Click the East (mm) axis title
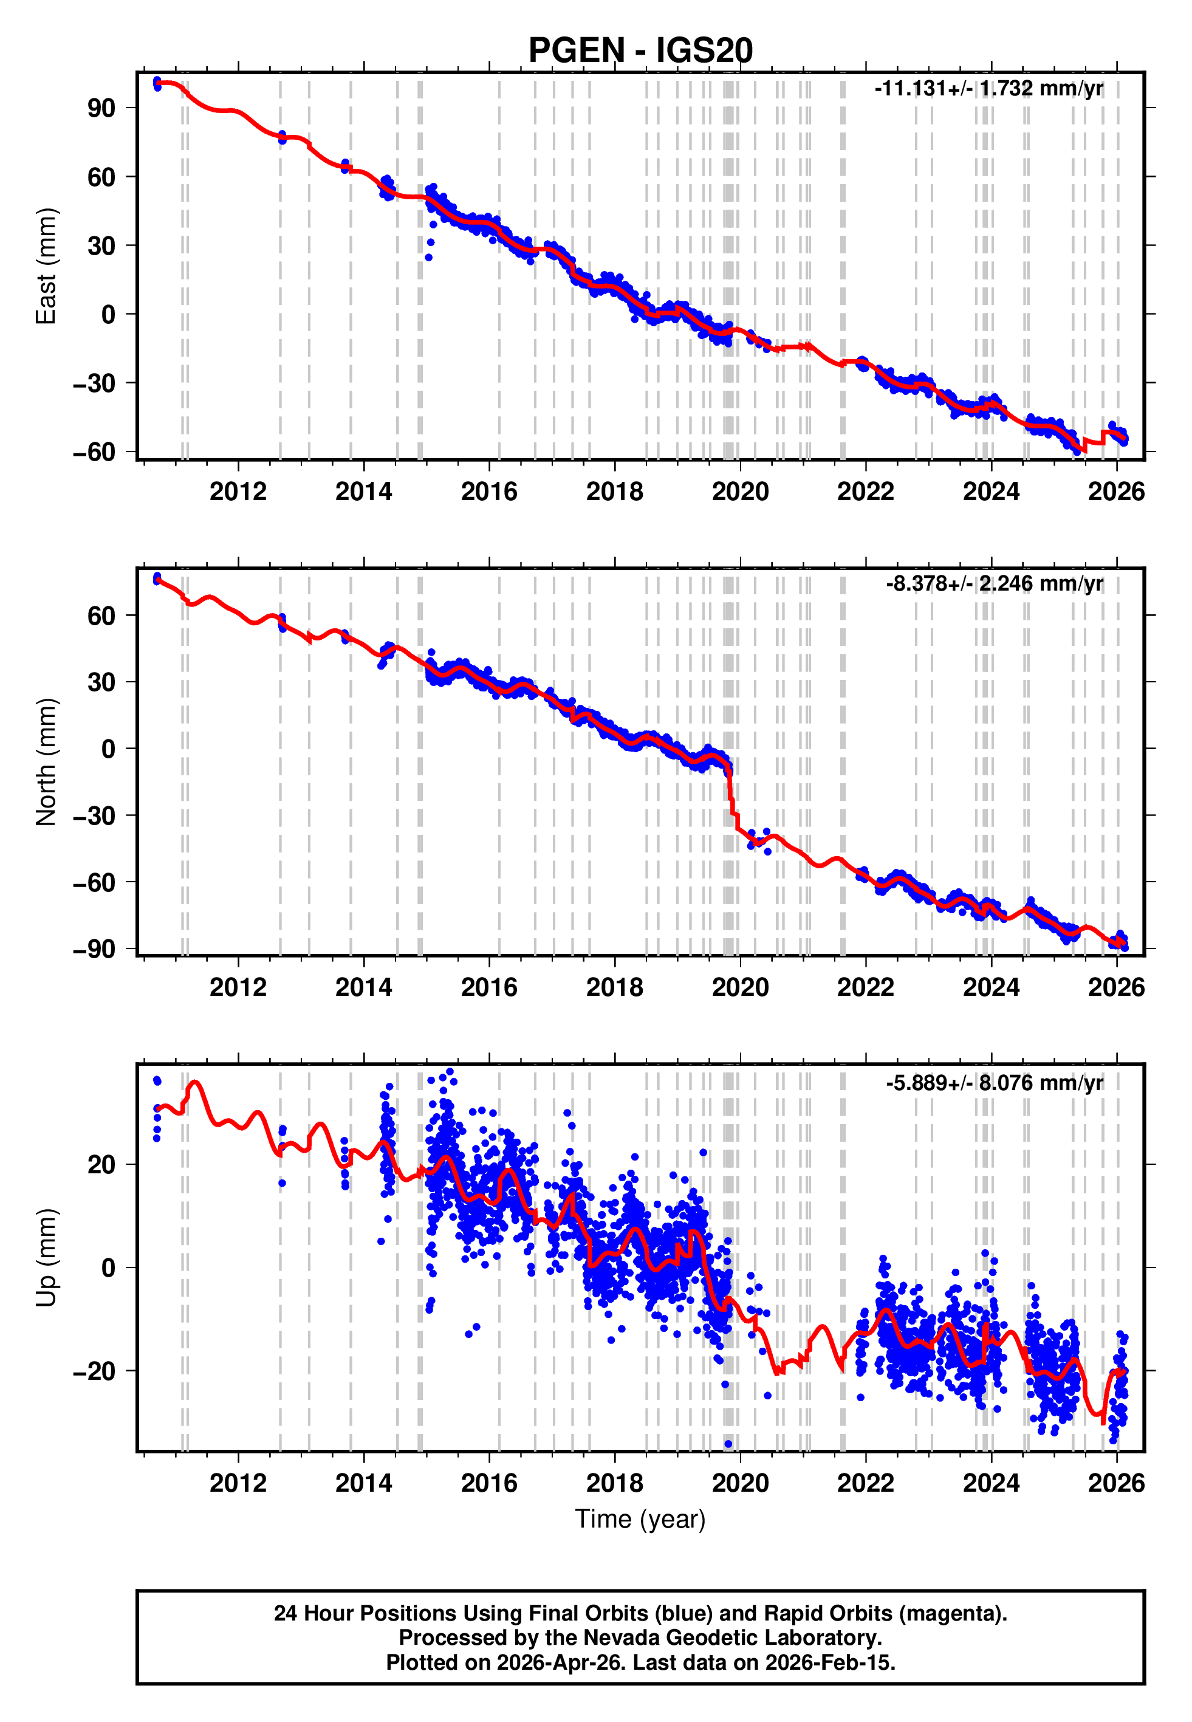[x=46, y=266]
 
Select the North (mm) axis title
[x=46, y=762]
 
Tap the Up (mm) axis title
[x=46, y=1258]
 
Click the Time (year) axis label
[x=640, y=1519]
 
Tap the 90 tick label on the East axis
[x=101, y=108]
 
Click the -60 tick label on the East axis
[x=94, y=452]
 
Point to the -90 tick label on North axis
[x=94, y=949]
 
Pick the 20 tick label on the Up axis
[x=101, y=1164]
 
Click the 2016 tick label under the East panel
[x=488, y=492]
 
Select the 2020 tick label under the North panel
[x=739, y=987]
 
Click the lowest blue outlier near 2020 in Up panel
[x=728, y=1444]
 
